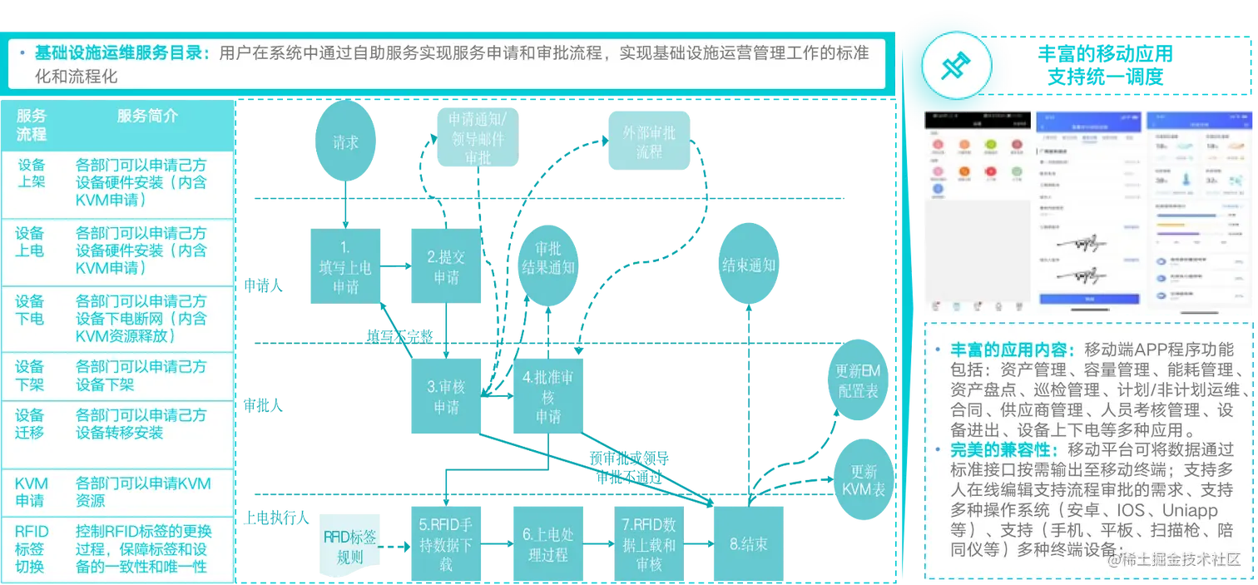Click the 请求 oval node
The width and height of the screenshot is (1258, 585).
point(345,143)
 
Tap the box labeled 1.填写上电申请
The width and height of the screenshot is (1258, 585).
point(345,266)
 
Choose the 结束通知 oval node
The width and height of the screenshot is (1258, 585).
point(749,265)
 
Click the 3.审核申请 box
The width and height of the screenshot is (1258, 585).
point(445,396)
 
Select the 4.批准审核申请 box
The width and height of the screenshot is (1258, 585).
point(547,396)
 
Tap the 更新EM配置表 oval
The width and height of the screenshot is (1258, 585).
point(859,381)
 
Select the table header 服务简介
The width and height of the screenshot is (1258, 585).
point(147,117)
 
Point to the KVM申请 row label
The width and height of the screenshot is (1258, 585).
point(32,492)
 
